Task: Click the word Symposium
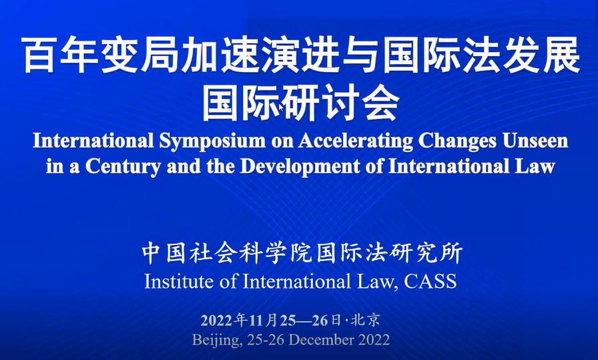pyautogui.click(x=212, y=141)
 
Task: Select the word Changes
pyautogui.click(x=457, y=141)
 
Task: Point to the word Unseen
pyautogui.click(x=535, y=140)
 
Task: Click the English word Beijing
pyautogui.click(x=217, y=340)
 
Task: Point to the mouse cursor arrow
pyautogui.click(x=281, y=108)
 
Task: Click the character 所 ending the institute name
pyautogui.click(x=452, y=253)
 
